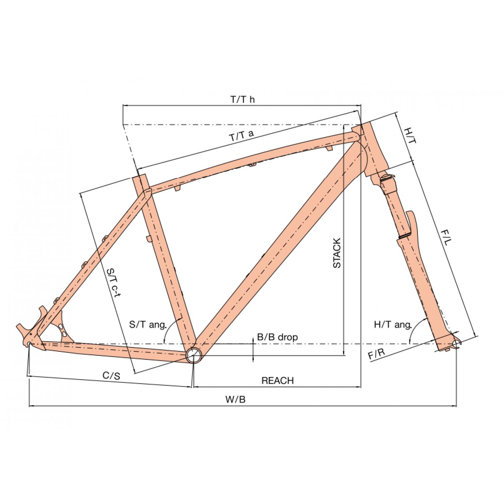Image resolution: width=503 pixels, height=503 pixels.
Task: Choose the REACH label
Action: [277, 381]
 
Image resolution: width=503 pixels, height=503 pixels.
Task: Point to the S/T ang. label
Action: [148, 325]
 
